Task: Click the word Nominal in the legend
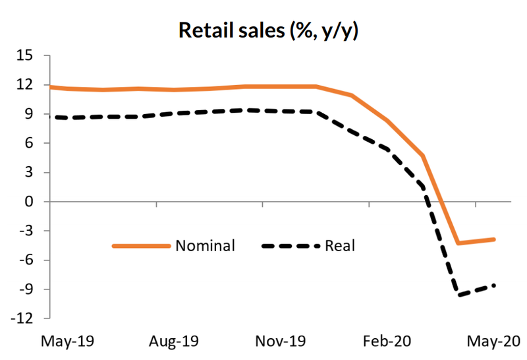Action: pos(205,246)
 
